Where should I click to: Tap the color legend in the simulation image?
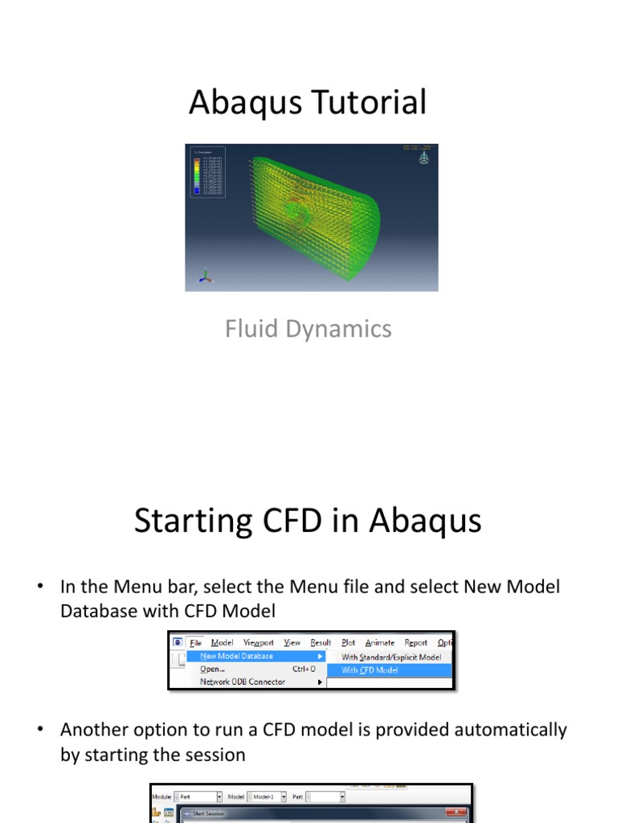click(201, 172)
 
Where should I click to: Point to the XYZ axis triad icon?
click(206, 276)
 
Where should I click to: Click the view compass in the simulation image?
click(423, 158)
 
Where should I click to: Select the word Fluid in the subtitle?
click(249, 329)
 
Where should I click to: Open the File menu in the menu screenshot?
click(195, 643)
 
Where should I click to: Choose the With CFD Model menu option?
click(370, 670)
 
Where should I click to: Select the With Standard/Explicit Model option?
click(391, 657)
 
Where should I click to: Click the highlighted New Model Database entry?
click(237, 656)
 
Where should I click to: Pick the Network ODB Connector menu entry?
click(242, 682)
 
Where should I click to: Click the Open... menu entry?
click(212, 669)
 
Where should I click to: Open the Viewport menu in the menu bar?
click(259, 643)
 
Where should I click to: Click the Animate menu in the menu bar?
click(380, 643)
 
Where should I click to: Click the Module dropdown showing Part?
click(197, 796)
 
